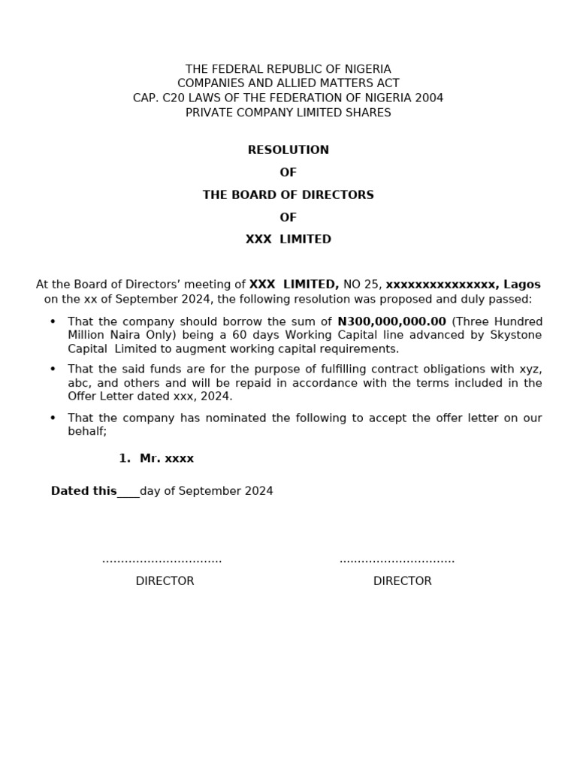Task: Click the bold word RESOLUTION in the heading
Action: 288,150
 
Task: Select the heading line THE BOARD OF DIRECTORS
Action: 288,195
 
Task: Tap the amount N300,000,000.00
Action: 391,321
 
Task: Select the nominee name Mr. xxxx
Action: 166,458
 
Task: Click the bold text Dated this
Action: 83,491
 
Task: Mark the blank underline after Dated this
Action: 128,493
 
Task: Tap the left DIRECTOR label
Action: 165,581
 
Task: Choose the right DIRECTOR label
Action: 402,581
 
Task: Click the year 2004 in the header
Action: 430,98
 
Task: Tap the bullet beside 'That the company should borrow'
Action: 53,321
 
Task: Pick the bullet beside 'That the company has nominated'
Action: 53,418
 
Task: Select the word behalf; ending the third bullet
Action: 87,431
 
